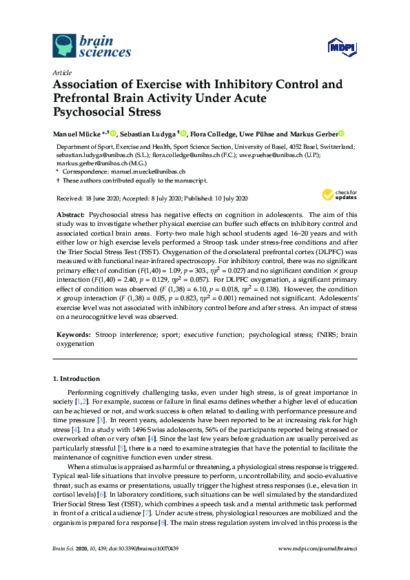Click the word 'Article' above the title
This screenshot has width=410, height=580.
tap(63, 72)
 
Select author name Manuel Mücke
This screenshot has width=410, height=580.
tap(76, 133)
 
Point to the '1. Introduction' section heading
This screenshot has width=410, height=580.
tap(76, 379)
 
